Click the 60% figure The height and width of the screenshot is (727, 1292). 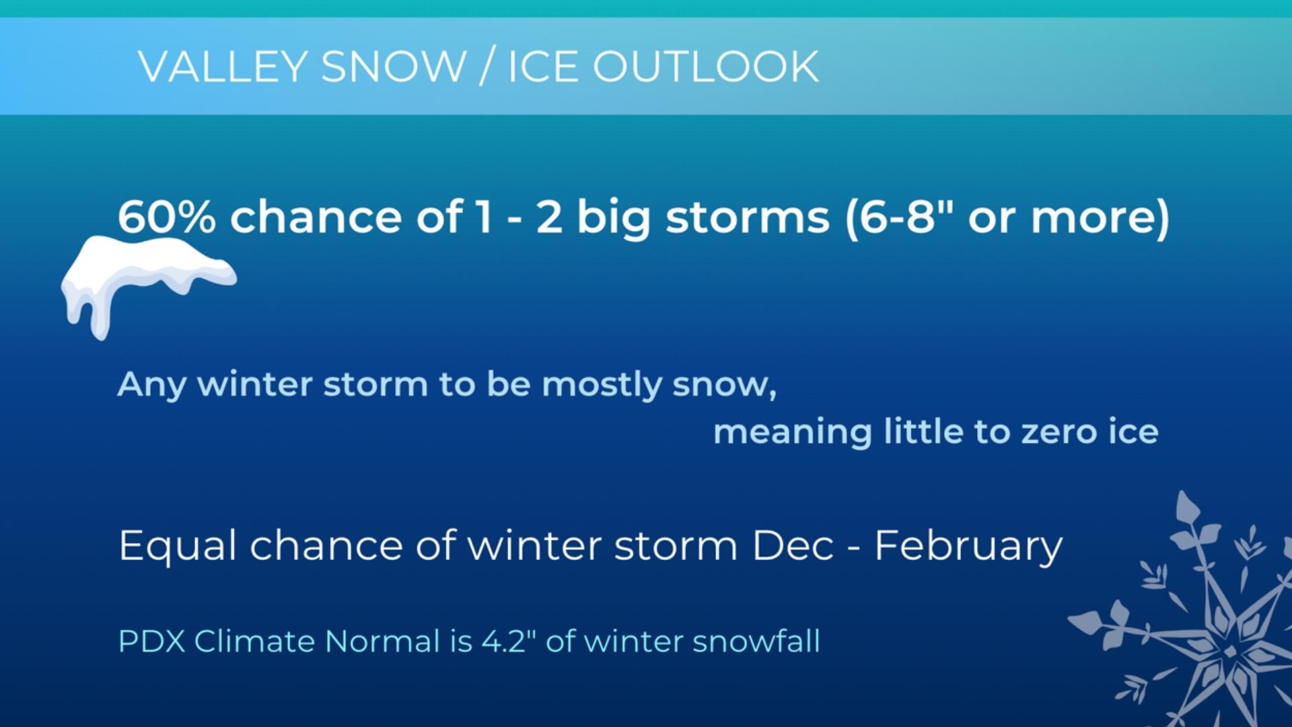pos(166,217)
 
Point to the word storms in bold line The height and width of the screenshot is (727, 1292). pos(747,217)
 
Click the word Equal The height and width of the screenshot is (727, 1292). pos(178,546)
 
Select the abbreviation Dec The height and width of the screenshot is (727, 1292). pos(793,545)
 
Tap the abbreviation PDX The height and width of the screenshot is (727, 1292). pos(151,641)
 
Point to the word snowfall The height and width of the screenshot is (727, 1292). pos(756,641)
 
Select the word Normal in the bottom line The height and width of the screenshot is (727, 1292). pos(382,641)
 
